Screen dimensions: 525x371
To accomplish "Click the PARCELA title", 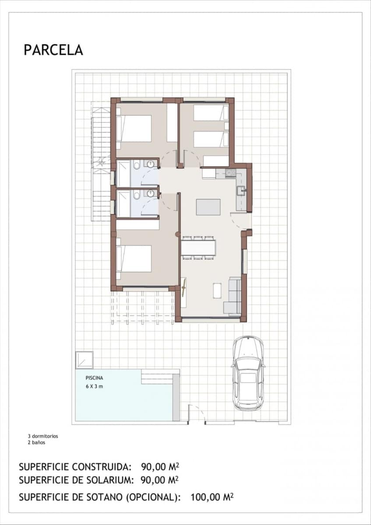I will [x=53, y=50].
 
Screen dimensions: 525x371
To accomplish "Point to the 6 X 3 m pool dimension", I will [x=94, y=386].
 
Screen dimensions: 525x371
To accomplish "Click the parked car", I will [x=248, y=373].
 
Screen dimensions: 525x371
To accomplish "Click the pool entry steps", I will [x=160, y=376].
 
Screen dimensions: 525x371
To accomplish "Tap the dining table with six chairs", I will [x=198, y=248].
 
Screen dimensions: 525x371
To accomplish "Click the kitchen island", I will [x=208, y=207].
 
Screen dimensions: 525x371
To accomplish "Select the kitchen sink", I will [x=240, y=190].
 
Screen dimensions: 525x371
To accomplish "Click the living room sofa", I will [x=233, y=296].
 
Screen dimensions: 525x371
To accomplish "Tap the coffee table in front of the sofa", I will [x=217, y=290].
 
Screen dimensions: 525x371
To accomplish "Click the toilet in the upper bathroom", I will [x=137, y=165].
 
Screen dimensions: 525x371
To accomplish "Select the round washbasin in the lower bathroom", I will [x=151, y=194].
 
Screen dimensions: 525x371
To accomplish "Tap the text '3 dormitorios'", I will [x=42, y=436].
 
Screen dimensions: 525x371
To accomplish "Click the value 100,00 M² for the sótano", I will [x=212, y=497].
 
